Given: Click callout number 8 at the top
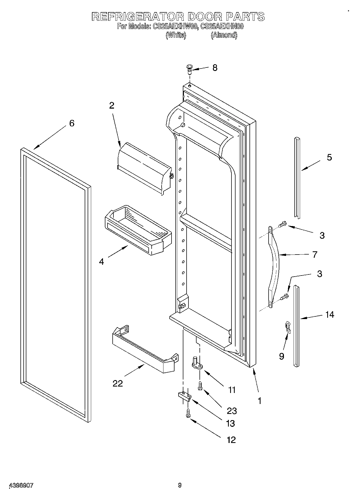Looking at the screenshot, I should click(x=215, y=68).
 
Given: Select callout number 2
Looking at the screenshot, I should click(x=112, y=106).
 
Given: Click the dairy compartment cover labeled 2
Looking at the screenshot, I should click(x=144, y=168).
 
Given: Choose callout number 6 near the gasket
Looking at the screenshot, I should click(x=72, y=123).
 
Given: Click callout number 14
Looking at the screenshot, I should click(x=330, y=314).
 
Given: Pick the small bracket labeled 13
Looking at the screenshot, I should click(x=184, y=396).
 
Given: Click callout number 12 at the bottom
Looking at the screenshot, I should click(x=231, y=439).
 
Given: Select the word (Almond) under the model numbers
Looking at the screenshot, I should click(x=224, y=35).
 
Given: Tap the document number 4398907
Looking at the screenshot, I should click(x=22, y=485).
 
